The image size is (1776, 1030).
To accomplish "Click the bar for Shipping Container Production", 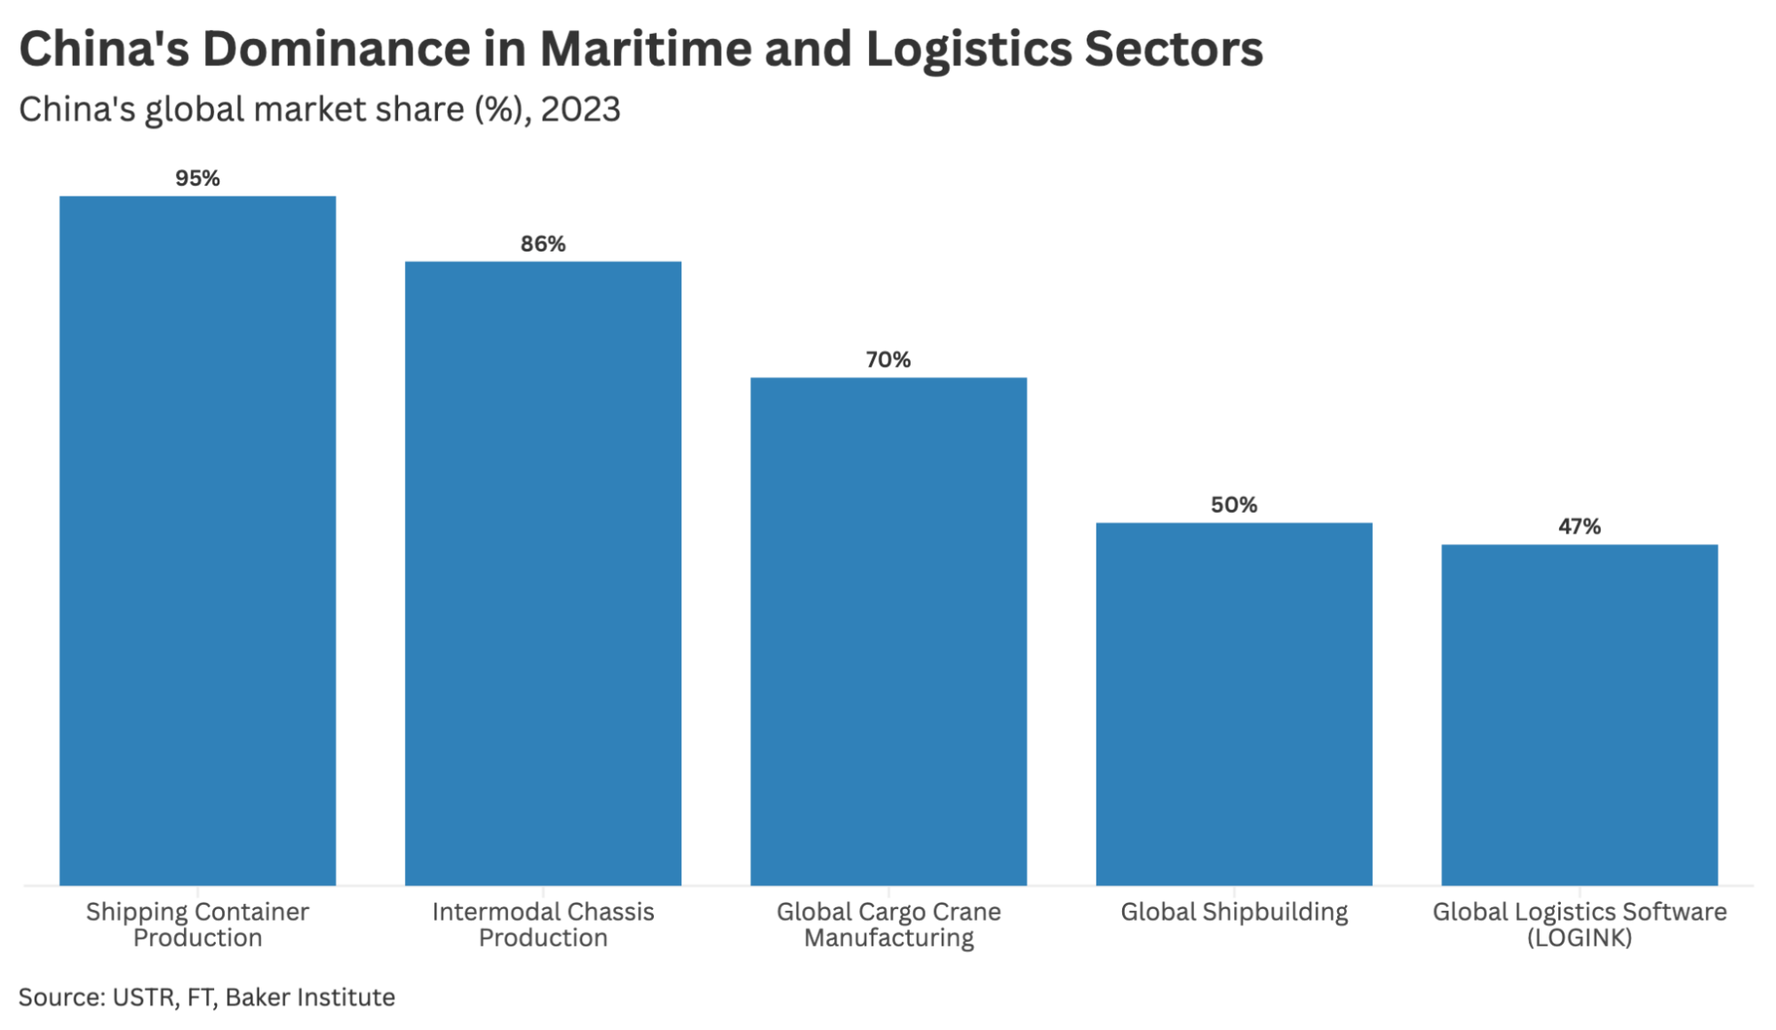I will point(197,540).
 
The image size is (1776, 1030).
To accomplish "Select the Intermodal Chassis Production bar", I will point(543,573).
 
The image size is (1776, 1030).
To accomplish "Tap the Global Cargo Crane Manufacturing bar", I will point(888,631).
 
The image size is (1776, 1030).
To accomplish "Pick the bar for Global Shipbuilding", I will point(1234,704).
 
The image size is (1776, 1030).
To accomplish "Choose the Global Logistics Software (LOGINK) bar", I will point(1579,715).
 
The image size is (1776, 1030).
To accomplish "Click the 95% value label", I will point(197,179).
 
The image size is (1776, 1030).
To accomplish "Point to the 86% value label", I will point(543,244).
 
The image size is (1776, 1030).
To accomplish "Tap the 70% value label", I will point(888,360).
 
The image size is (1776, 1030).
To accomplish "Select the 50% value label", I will point(1234,506).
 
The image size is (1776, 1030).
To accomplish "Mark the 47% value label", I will point(1579,527).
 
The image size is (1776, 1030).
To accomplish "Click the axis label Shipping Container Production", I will point(197,924).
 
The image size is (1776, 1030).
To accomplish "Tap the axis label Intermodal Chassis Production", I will point(543,924).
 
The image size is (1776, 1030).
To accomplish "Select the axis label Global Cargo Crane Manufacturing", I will point(888,924).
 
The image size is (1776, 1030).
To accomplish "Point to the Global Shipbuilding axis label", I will point(1234,912).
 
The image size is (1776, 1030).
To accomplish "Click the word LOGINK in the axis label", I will point(1579,938).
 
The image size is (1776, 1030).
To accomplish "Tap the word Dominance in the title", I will point(337,49).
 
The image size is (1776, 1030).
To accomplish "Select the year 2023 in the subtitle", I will point(580,110).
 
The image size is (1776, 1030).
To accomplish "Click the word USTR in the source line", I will point(144,997).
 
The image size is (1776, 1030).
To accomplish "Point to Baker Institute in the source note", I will point(310,997).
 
